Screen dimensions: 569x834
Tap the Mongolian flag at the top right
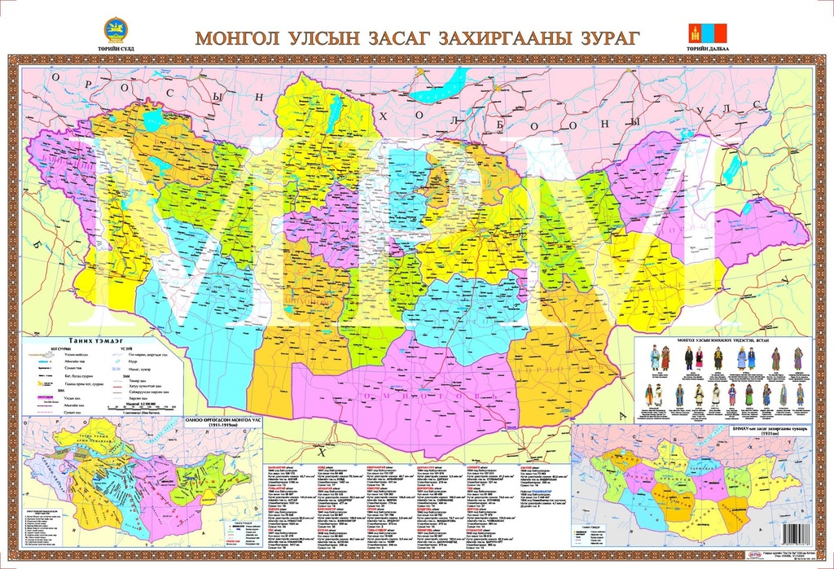705,33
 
